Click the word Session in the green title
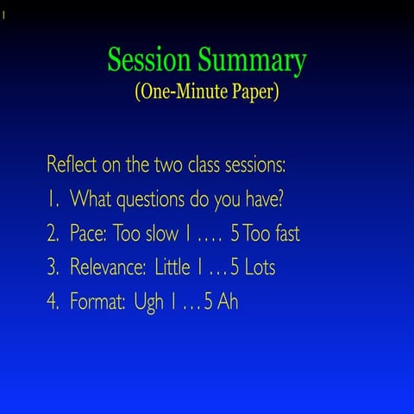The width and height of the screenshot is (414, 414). click(149, 61)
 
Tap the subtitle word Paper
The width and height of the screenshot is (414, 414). click(251, 92)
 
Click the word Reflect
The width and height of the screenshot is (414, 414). click(74, 165)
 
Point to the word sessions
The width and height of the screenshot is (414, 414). click(255, 165)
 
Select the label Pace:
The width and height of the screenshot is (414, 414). click(89, 234)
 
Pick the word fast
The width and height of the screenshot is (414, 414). click(282, 234)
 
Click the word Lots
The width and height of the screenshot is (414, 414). click(259, 267)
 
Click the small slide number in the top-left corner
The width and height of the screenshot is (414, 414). click(3, 14)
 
